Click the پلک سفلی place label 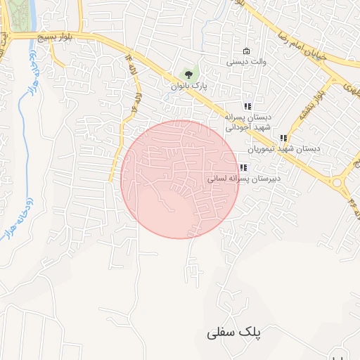[x=233, y=333]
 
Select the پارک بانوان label [x=190, y=86]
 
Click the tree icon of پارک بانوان [x=188, y=73]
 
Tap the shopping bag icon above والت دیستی [x=245, y=51]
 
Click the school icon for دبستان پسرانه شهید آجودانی [x=247, y=105]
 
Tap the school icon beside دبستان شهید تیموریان [x=283, y=138]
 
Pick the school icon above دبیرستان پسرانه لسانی [x=243, y=167]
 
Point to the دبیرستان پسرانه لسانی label [x=244, y=179]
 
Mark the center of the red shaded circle [x=180, y=179]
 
